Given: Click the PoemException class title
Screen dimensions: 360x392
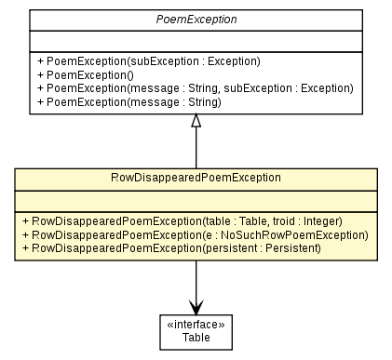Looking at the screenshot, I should pos(196,20).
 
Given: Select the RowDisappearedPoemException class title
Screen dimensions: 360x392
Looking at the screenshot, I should pos(196,177).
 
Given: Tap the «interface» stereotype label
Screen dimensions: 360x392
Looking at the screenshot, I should pos(196,327).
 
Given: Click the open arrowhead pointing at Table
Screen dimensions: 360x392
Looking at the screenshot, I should pos(196,307).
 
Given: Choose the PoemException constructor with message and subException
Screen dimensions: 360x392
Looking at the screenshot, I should pos(192,88).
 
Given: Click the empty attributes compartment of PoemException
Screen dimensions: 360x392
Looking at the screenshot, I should pos(196,40).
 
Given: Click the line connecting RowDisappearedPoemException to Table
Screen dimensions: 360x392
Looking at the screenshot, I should pos(196,279).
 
